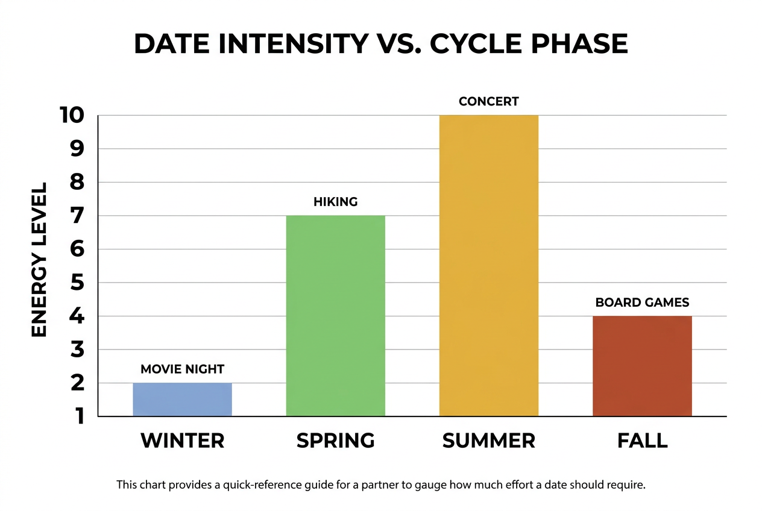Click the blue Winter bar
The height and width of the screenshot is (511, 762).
pyautogui.click(x=182, y=400)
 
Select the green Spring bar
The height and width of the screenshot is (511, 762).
pyautogui.click(x=335, y=316)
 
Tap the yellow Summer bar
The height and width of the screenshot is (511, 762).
pyautogui.click(x=488, y=265)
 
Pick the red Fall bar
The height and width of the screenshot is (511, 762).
pyautogui.click(x=642, y=366)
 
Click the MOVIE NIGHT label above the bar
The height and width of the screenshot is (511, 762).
pyautogui.click(x=182, y=369)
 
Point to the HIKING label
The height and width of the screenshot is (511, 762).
pyautogui.click(x=335, y=202)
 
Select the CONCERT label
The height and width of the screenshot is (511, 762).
pyautogui.click(x=488, y=101)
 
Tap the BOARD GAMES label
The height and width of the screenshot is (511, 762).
pyautogui.click(x=642, y=302)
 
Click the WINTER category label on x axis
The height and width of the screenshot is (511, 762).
pyautogui.click(x=182, y=440)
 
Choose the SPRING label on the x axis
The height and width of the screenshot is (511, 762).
pyautogui.click(x=335, y=440)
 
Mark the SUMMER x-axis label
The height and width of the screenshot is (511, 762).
pyautogui.click(x=488, y=440)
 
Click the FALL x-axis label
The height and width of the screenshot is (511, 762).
pyautogui.click(x=642, y=440)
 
